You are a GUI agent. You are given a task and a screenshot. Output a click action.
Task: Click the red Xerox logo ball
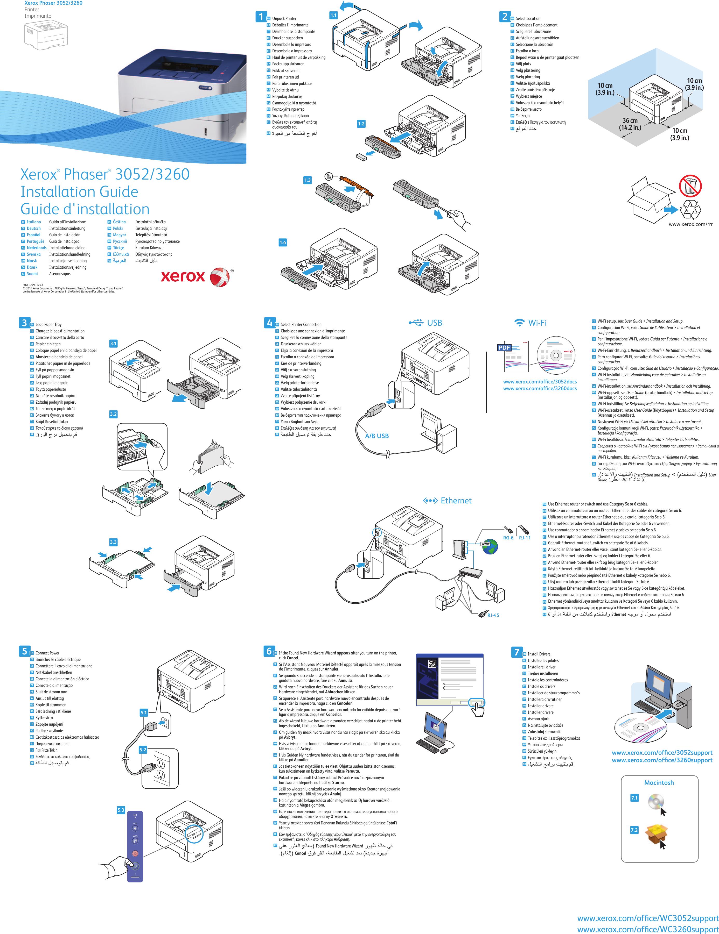tap(220, 277)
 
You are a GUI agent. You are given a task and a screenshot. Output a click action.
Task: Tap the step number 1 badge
tap(261, 17)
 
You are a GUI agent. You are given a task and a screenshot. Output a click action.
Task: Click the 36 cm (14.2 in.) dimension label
tap(630, 124)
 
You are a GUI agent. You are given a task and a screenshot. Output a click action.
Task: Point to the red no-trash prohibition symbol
tap(690, 185)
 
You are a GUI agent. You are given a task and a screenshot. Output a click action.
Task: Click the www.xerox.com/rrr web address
tap(690, 224)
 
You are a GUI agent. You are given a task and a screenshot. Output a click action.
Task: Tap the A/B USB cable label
tap(377, 436)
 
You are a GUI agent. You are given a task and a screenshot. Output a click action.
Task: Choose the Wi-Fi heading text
tap(537, 323)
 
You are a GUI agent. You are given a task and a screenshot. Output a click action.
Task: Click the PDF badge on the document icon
tap(505, 348)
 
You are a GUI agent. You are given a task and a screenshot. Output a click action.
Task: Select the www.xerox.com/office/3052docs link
tap(540, 381)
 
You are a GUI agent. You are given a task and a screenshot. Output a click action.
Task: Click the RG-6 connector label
tap(508, 538)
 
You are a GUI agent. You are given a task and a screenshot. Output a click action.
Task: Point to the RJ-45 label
tap(493, 615)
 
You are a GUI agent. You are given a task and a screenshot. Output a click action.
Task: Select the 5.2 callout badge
tap(143, 750)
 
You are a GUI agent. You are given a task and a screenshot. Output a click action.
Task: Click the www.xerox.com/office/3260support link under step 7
tap(662, 760)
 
